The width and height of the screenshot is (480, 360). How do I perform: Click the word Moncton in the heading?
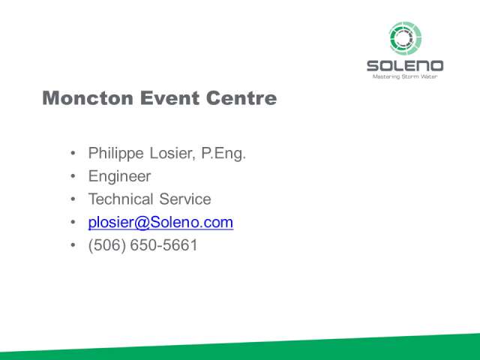click(x=88, y=98)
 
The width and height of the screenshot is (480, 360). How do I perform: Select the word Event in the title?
click(x=169, y=98)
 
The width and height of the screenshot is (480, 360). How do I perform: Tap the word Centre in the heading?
click(x=241, y=98)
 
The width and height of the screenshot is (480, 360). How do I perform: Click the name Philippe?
click(x=115, y=154)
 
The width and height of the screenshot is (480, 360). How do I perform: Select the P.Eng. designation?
click(x=223, y=154)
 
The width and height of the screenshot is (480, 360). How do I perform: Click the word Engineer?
click(x=119, y=177)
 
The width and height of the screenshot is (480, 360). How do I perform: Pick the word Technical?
click(x=121, y=199)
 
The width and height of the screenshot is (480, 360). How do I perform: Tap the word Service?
click(x=185, y=199)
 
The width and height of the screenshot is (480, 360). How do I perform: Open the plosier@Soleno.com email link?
click(x=160, y=223)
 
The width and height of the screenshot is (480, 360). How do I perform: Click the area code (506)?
click(x=106, y=245)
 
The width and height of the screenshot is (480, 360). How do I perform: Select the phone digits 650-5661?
click(x=163, y=245)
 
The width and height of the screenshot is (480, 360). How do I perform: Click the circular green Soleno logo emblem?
click(x=405, y=38)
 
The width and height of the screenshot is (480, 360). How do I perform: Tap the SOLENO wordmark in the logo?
click(x=405, y=66)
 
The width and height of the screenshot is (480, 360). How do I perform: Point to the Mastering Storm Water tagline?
click(x=405, y=76)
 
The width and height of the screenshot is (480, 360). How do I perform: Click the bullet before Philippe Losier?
click(x=73, y=153)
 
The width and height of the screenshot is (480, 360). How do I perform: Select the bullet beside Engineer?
click(x=73, y=176)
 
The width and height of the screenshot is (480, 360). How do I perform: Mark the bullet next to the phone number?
click(x=73, y=245)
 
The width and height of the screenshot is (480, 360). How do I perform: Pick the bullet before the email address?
click(x=73, y=222)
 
